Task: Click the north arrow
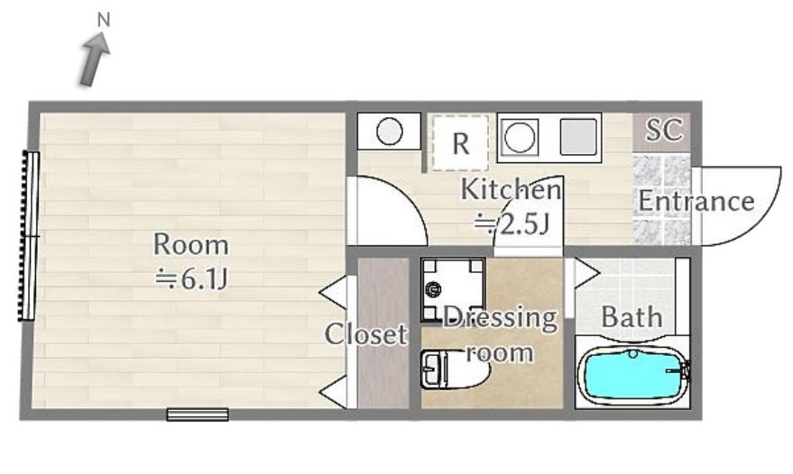tap(94, 59)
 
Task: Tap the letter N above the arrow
tap(104, 20)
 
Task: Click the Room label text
tap(190, 244)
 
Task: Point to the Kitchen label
tap(511, 189)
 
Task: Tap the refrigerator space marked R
tap(460, 143)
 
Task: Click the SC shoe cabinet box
tap(662, 132)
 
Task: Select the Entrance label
tap(696, 201)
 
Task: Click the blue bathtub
tap(633, 376)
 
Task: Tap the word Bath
tap(632, 317)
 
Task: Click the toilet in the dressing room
tap(452, 369)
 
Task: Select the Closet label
tap(365, 334)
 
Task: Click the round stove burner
tap(520, 138)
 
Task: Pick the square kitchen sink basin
tap(578, 136)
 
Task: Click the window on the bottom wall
tap(198, 415)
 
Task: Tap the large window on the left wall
tap(29, 236)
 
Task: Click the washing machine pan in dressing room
tap(453, 289)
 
